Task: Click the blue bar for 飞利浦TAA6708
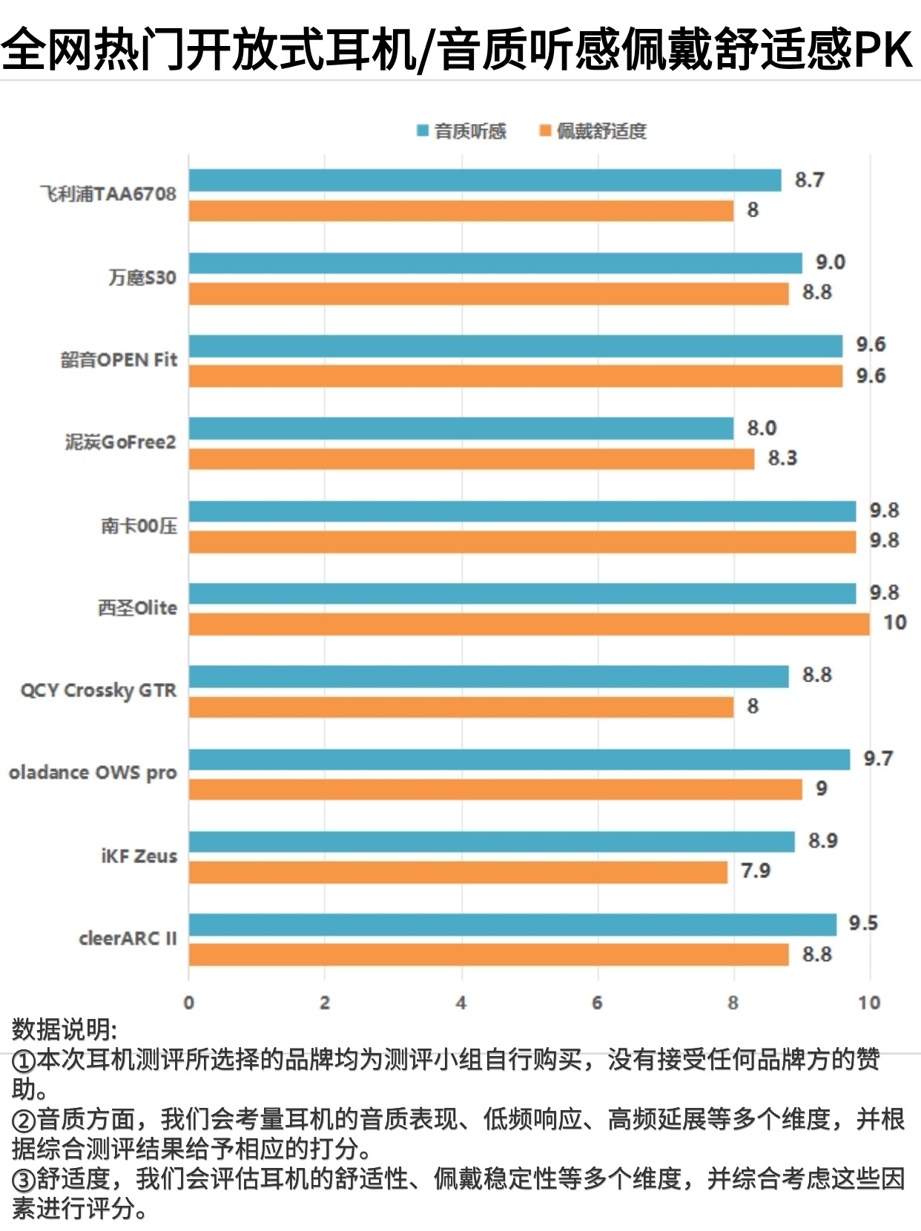click(x=485, y=180)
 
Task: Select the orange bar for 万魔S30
click(x=489, y=294)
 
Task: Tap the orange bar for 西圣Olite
click(x=529, y=624)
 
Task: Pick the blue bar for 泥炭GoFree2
click(x=461, y=428)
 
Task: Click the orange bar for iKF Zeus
click(x=458, y=871)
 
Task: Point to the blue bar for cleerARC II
click(x=512, y=924)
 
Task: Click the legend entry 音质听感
click(x=462, y=131)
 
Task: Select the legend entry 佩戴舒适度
click(x=593, y=131)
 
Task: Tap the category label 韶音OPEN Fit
click(x=119, y=360)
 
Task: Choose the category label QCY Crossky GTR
click(x=99, y=690)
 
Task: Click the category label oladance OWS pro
click(x=93, y=773)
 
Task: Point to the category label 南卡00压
click(x=139, y=526)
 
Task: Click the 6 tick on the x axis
click(x=597, y=1003)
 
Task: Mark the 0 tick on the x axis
click(x=189, y=1003)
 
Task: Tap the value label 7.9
click(x=756, y=871)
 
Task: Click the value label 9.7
click(x=878, y=758)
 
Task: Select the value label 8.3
click(x=782, y=458)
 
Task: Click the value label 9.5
click(x=863, y=923)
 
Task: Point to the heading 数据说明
click(x=64, y=1029)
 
